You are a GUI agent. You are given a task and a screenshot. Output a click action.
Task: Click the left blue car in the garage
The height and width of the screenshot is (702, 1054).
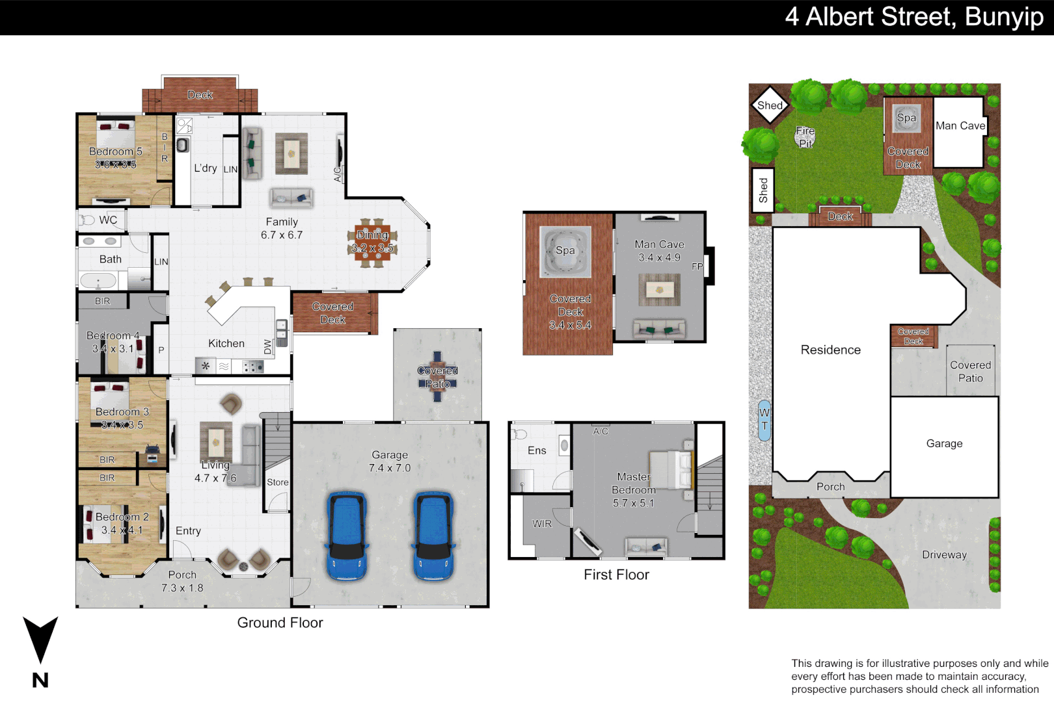click(x=348, y=536)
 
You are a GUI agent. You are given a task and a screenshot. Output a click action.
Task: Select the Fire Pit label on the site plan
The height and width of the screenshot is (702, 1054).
click(x=805, y=137)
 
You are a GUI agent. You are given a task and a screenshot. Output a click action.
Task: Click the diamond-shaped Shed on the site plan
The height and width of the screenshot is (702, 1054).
click(x=770, y=105)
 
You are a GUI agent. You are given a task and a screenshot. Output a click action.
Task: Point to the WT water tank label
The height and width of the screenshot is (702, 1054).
click(x=764, y=419)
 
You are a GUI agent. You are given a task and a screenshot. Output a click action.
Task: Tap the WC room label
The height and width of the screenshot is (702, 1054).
click(x=108, y=220)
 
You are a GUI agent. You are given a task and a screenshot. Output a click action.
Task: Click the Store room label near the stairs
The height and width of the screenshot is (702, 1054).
click(x=277, y=482)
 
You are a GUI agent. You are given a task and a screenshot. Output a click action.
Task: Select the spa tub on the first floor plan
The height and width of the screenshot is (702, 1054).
click(x=565, y=251)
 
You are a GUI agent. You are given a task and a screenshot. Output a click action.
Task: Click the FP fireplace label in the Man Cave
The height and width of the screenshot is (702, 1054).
click(x=697, y=266)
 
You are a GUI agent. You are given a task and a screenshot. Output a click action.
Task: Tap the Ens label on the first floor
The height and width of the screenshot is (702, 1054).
click(x=537, y=450)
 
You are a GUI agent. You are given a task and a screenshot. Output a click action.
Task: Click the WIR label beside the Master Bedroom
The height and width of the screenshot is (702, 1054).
click(x=542, y=524)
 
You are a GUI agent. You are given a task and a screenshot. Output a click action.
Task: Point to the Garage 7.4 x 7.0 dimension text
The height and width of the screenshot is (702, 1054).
click(x=390, y=468)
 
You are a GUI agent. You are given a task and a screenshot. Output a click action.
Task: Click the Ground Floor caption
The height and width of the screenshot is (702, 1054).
click(x=280, y=623)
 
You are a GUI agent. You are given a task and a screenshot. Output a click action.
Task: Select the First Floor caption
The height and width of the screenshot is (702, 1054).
click(x=616, y=575)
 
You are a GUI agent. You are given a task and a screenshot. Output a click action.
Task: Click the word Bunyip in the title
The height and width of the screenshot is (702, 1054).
click(x=1004, y=17)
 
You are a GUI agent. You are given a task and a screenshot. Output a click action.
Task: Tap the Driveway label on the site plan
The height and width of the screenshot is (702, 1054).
click(x=944, y=554)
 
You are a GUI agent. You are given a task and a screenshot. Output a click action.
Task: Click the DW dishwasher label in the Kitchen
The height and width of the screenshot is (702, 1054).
click(x=267, y=347)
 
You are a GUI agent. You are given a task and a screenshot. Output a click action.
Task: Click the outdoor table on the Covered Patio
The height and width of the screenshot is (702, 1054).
click(x=437, y=377)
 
